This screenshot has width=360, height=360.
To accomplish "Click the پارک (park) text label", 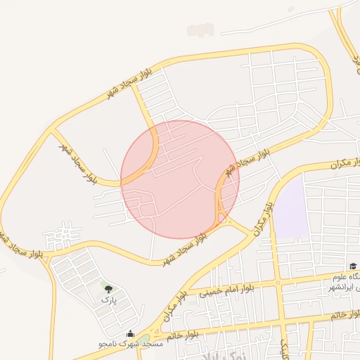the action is tap(108, 300).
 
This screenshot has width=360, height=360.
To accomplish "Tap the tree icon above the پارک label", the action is tap(108, 289).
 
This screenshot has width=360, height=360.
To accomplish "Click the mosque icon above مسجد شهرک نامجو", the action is tap(129, 333).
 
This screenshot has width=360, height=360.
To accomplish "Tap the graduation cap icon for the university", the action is tap(353, 266).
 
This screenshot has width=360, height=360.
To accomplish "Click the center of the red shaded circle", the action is tap(180, 179).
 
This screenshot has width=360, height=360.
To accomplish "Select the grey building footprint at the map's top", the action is tap(200, 30).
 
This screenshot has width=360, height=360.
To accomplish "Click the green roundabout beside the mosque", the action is tap(144, 339).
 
